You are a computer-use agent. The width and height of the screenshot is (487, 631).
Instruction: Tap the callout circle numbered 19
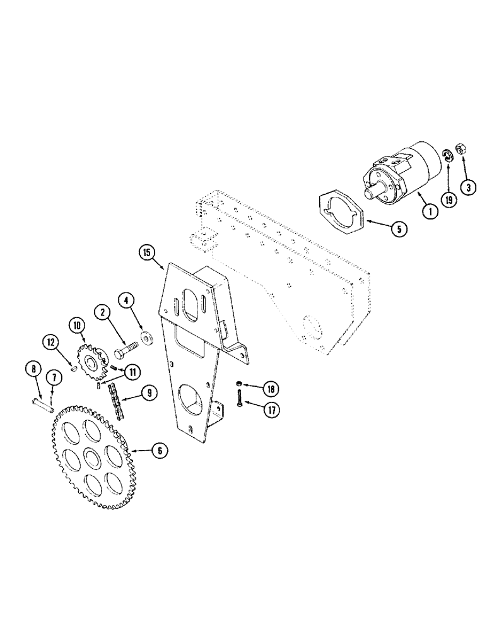pos(449,201)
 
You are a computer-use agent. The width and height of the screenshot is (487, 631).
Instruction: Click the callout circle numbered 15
pos(147,254)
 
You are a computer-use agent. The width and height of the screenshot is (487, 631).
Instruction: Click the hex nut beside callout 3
pos(461,150)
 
